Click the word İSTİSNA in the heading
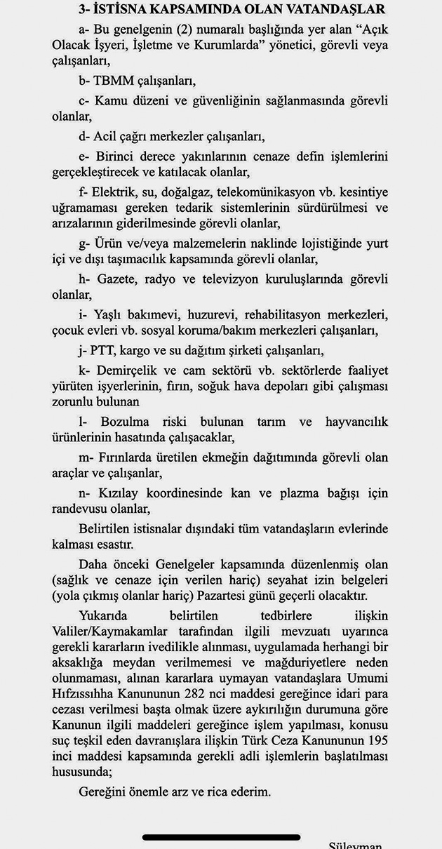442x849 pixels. [123, 9]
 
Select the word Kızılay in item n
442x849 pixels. [123, 494]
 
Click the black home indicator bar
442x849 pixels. [221, 836]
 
